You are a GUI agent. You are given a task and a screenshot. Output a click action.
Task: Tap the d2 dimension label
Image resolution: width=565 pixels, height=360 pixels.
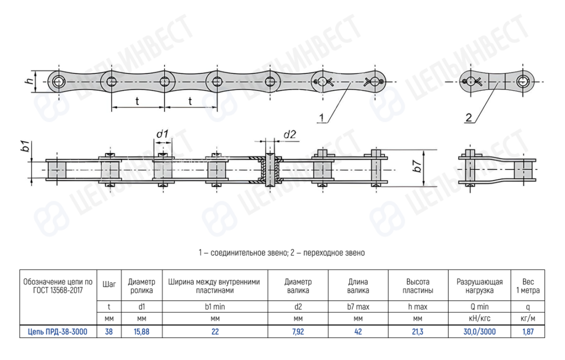[290, 134]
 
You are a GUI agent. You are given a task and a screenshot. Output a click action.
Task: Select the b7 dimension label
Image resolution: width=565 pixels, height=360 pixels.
[419, 165]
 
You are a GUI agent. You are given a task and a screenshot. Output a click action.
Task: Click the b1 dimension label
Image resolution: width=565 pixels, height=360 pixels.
[24, 147]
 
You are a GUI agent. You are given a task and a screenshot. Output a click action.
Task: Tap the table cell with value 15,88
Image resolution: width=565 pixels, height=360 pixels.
[142, 331]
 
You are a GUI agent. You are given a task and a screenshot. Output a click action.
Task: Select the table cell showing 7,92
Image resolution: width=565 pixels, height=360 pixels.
[298, 331]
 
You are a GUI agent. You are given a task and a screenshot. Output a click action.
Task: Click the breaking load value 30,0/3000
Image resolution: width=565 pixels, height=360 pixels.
[479, 331]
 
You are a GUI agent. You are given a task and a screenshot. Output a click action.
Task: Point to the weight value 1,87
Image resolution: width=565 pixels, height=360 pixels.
[528, 331]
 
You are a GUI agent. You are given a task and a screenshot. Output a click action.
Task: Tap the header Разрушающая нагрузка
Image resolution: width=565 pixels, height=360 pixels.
[479, 285]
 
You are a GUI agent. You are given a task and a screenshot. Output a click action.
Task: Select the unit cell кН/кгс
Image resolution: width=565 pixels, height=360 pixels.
[479, 319]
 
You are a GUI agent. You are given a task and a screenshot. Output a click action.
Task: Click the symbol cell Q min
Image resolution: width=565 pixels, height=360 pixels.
[479, 305]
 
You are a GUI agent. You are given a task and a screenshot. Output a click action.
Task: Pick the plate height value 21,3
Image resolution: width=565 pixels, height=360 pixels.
[419, 331]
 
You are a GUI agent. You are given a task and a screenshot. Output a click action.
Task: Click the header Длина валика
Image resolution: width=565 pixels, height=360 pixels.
[358, 285]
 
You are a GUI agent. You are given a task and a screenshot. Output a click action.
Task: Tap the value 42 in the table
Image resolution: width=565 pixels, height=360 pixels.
[358, 331]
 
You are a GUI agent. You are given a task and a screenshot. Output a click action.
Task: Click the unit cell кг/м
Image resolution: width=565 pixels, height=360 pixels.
[528, 319]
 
